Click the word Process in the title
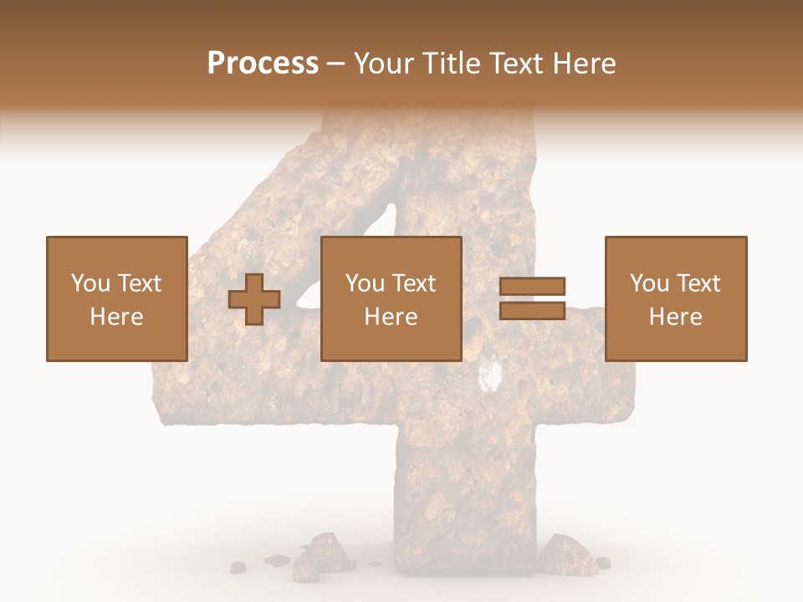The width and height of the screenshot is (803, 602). [263, 64]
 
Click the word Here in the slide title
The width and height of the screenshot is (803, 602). [584, 64]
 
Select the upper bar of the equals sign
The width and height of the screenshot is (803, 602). [532, 286]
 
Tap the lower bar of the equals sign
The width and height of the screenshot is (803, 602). [532, 311]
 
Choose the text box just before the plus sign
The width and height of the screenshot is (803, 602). [116, 298]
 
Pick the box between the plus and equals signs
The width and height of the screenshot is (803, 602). [391, 298]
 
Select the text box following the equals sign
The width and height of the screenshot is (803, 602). [675, 298]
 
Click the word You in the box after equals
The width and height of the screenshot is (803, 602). [648, 283]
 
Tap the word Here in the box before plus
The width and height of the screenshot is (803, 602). [116, 317]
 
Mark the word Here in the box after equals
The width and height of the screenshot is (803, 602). [675, 317]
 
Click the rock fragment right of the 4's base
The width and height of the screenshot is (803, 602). [565, 554]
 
